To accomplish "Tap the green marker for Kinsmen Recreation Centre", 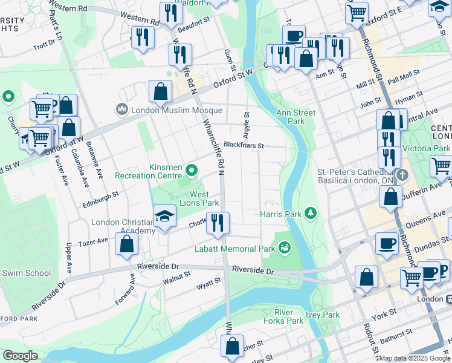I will click(192, 171).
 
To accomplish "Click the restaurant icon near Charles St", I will click(218, 223).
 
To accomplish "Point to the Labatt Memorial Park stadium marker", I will click(283, 247).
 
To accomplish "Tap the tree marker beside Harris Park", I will click(311, 213).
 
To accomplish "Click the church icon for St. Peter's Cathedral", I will click(402, 175).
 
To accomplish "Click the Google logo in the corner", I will click(20, 356).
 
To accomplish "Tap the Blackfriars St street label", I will click(244, 145).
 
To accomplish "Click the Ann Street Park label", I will click(296, 117).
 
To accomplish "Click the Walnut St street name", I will click(176, 278).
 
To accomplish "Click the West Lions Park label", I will click(204, 198).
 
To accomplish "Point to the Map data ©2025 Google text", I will click(415, 358).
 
